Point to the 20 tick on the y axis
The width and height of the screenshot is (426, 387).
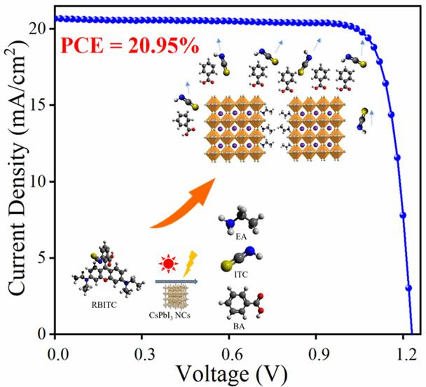click(x=38, y=29)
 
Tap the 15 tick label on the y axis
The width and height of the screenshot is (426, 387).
click(x=38, y=105)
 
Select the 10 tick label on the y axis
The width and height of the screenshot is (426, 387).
click(x=38, y=181)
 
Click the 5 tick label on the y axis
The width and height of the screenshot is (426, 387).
click(x=42, y=258)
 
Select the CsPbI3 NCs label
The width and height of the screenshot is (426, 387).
click(x=177, y=316)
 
